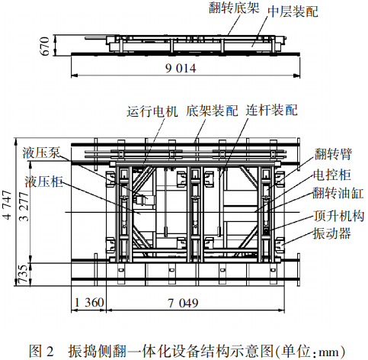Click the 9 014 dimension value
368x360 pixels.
click(181, 69)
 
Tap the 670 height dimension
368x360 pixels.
click(45, 46)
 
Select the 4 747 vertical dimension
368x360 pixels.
click(8, 205)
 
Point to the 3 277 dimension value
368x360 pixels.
click(24, 207)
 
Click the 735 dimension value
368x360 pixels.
click(24, 274)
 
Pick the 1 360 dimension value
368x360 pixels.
click(89, 303)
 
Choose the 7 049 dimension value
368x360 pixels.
click(183, 303)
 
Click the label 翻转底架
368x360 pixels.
click(234, 8)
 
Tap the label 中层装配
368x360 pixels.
click(293, 11)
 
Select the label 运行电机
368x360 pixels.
click(152, 111)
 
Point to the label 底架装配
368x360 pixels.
click(212, 111)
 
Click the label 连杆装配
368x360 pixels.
click(271, 110)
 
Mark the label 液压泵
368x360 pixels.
click(41, 153)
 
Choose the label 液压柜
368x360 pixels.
click(43, 182)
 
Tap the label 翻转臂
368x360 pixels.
click(333, 154)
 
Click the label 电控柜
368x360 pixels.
click(332, 175)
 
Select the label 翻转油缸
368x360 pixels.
click(338, 193)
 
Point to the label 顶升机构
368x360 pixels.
click(339, 216)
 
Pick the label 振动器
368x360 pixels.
click(331, 233)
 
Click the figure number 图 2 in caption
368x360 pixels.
click(41, 351)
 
